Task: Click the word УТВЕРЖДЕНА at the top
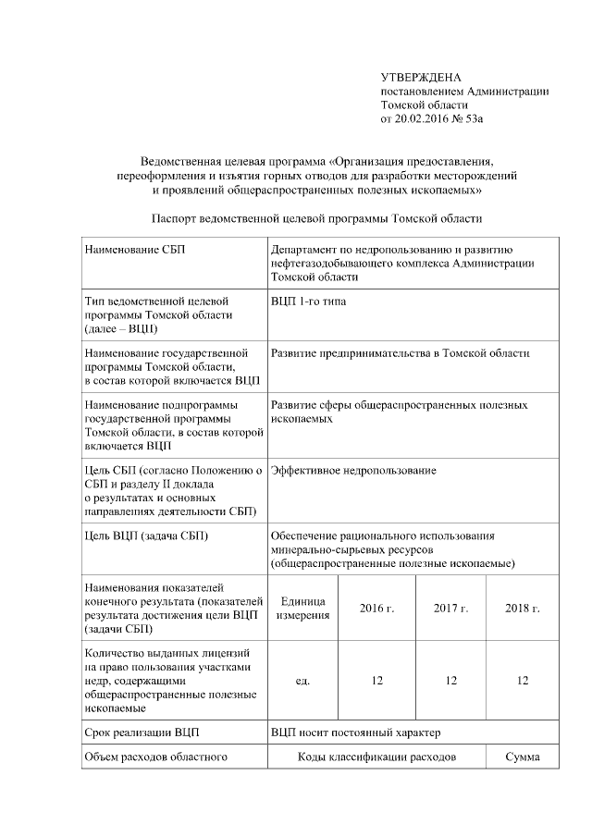point(421,78)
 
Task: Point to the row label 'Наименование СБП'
point(139,250)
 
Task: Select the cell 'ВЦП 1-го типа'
point(309,302)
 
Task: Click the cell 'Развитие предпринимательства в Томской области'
point(401,353)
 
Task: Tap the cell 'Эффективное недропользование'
point(353,471)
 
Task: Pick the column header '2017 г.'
point(450,608)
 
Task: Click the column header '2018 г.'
point(523,608)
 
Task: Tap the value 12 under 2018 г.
point(523,681)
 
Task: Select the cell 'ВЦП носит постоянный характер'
point(356,733)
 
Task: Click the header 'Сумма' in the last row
point(523,758)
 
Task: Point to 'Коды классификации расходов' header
point(376,758)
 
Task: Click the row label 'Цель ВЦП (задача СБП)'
point(146,535)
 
